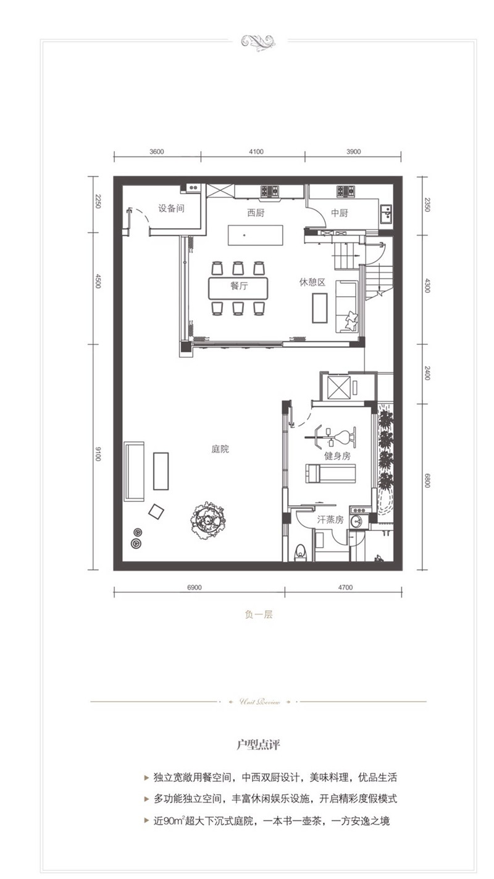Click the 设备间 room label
coord(171,208)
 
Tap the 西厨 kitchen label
coord(256,213)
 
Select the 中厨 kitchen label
coord(340,213)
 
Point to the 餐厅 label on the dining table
coord(239,286)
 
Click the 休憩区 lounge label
coord(312,282)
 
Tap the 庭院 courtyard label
coord(220,449)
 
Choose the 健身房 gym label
coord(337,456)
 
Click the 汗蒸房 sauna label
coord(330,520)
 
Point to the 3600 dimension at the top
coord(156,152)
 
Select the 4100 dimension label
coord(256,152)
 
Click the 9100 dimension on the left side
coord(98,454)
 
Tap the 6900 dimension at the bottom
coord(195,587)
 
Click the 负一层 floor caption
coord(258,614)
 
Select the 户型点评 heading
coord(258,745)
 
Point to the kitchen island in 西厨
coord(256,235)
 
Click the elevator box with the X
coord(338,388)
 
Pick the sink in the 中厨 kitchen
coord(387,214)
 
